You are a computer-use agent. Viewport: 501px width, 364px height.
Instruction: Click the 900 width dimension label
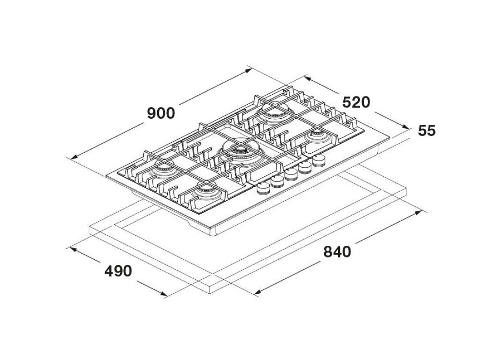(161, 113)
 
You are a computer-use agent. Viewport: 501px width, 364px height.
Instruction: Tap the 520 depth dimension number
(356, 103)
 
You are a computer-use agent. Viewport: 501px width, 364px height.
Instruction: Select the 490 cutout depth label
(118, 271)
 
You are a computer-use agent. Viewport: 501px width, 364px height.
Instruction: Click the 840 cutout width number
(337, 252)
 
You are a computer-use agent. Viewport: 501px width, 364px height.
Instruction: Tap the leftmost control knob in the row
(264, 189)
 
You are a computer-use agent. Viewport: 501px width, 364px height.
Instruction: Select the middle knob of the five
(291, 175)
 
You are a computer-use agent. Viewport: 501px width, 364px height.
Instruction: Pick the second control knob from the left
(278, 182)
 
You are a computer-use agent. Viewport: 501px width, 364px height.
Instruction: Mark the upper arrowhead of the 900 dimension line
(249, 70)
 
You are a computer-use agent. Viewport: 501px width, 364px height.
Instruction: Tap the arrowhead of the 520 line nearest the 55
(405, 127)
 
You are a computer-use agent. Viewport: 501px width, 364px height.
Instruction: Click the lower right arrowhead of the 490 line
(163, 294)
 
